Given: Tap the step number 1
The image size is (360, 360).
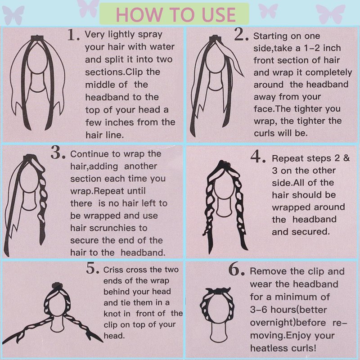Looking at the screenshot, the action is point(73,35).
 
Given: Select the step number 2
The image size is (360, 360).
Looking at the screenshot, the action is point(242,35).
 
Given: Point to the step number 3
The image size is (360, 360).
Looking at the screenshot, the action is point(58,153).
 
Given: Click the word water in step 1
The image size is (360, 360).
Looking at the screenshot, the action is point(162,47).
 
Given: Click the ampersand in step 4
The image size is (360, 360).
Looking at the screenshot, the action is point(346,158).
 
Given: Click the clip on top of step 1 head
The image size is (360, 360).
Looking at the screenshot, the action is point(37,38).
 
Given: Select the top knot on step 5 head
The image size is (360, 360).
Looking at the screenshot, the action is point(57,286).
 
